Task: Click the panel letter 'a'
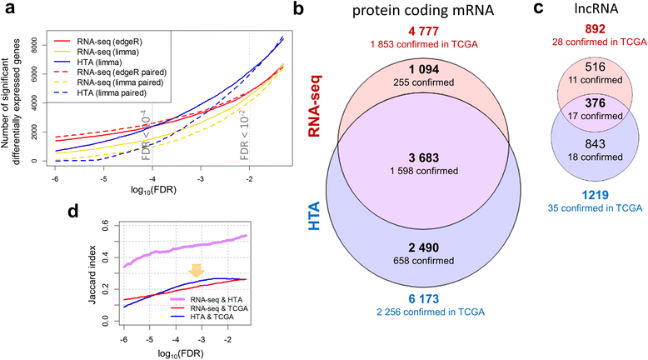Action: pos(7,9)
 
